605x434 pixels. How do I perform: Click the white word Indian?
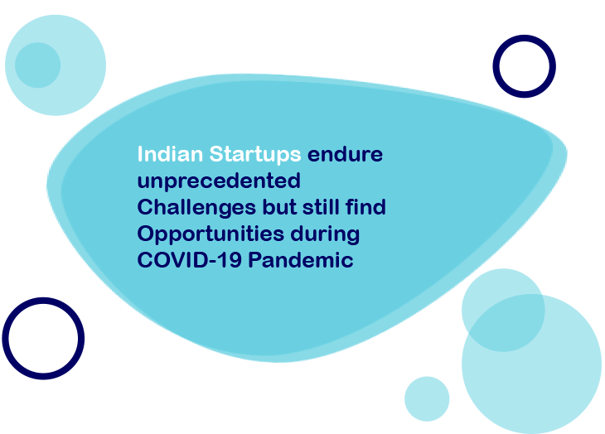point(170,154)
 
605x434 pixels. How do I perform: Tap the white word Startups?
point(255,155)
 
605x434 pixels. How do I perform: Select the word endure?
point(345,154)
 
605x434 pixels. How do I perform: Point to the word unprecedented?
point(219,181)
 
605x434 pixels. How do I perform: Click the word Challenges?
point(196,208)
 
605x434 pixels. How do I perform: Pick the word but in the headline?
point(279,207)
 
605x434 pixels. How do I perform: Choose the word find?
point(365,206)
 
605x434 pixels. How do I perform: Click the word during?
point(325,234)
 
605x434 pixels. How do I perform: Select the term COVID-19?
point(190,260)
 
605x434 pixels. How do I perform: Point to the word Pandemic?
point(301,259)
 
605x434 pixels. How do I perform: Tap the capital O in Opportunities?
point(146,234)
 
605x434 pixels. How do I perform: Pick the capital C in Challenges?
point(145,207)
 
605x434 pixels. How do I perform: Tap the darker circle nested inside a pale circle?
point(38,65)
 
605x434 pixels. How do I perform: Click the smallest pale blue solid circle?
point(427,399)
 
